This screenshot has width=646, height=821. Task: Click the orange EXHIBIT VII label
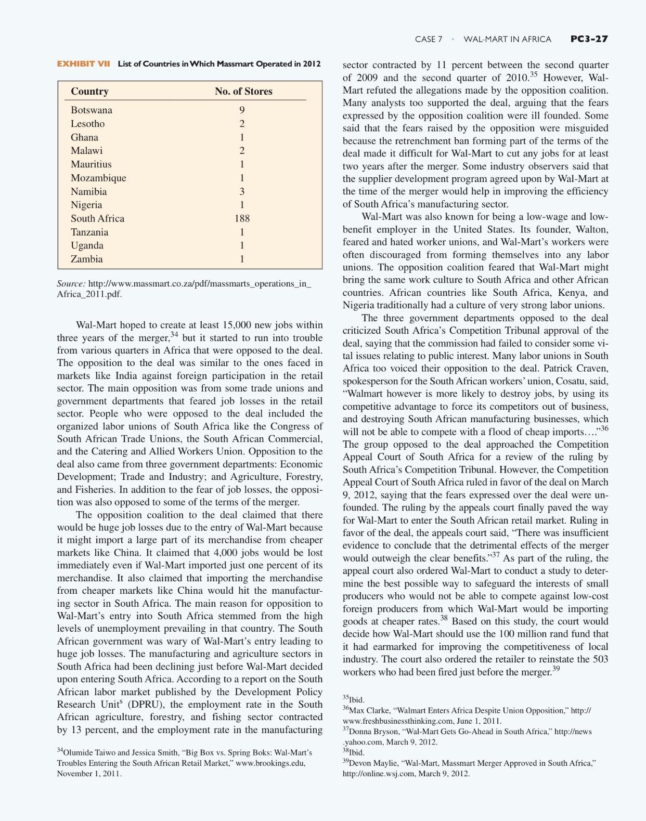[83, 64]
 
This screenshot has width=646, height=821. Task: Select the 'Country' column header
[89, 92]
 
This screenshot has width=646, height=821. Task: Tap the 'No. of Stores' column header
[243, 92]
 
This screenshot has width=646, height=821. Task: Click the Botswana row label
[92, 110]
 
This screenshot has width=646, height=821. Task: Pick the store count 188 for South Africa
[242, 218]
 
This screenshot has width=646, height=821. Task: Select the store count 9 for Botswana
[242, 110]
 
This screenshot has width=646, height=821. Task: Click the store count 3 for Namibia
[242, 191]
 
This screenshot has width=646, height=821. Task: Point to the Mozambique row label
[98, 178]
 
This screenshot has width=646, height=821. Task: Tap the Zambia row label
[87, 259]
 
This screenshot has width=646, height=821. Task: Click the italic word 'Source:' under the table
[71, 284]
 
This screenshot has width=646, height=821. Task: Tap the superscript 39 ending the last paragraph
[556, 669]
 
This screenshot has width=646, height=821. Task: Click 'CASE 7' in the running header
[429, 39]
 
